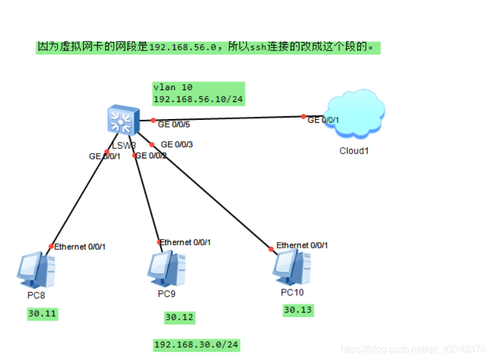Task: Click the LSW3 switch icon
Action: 123,121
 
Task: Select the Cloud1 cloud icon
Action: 355,113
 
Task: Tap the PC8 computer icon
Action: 36,270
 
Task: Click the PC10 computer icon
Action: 292,267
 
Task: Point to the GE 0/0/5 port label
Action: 174,125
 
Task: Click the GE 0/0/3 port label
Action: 177,144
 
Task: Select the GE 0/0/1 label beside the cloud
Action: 323,120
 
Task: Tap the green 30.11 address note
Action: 43,314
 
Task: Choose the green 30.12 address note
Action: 180,317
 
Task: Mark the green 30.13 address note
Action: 298,310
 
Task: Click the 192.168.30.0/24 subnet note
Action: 197,345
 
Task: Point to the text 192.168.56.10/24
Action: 198,99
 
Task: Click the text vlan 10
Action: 173,87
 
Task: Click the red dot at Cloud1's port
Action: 303,116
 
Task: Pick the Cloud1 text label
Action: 354,151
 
